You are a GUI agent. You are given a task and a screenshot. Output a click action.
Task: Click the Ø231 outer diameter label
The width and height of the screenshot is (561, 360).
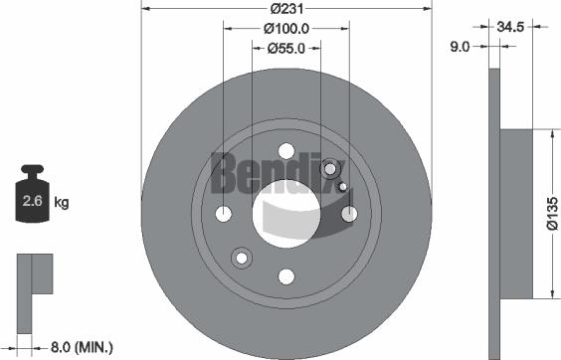285,10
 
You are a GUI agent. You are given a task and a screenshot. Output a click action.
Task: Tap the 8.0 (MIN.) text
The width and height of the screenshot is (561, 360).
82,348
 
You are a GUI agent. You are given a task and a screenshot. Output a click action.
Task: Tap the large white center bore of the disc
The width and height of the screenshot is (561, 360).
284,214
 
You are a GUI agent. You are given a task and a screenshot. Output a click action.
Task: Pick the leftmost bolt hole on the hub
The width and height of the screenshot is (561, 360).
223,213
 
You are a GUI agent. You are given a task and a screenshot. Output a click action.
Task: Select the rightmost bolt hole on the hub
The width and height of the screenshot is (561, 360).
348,213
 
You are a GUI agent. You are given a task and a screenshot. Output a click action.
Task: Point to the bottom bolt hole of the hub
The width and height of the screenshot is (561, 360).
285,275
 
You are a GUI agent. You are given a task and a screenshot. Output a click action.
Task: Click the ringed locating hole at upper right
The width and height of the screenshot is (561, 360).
330,170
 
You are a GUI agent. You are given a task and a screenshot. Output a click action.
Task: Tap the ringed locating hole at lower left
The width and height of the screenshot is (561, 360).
240,258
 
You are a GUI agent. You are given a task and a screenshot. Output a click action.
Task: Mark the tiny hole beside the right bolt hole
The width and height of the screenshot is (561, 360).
342,186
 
